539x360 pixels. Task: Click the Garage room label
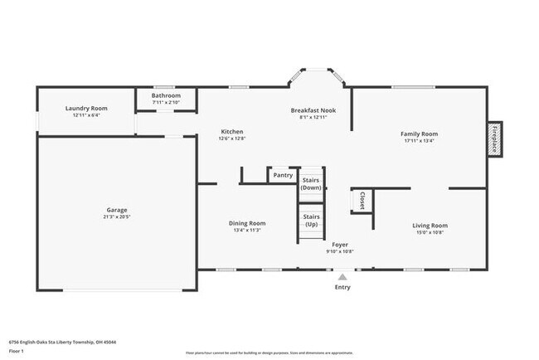(116, 210)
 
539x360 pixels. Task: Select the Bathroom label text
(166, 95)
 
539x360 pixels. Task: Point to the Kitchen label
(231, 132)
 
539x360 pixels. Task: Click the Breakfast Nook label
(313, 110)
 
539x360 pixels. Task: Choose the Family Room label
(419, 133)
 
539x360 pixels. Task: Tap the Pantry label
(283, 175)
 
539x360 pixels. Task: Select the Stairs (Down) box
(311, 183)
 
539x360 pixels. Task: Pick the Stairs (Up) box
(311, 221)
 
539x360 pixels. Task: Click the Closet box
(362, 200)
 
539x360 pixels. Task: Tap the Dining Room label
(247, 222)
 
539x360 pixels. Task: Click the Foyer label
(340, 245)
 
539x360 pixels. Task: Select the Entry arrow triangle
(342, 277)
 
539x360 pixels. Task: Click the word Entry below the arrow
(342, 288)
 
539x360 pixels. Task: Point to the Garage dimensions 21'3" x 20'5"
(116, 216)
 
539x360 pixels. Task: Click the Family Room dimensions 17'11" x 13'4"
(419, 140)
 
